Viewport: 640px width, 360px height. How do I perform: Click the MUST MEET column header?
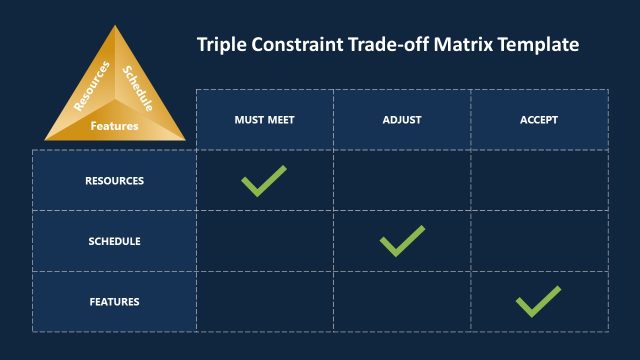tap(264, 119)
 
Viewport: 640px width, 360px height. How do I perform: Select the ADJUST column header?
tap(402, 119)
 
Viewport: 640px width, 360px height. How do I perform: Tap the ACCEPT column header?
tap(539, 119)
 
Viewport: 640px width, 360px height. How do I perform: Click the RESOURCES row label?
tap(114, 181)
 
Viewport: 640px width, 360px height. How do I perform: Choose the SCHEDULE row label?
tap(114, 241)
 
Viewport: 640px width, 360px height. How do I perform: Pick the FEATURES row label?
tap(114, 301)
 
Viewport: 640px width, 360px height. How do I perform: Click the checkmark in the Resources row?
tap(264, 180)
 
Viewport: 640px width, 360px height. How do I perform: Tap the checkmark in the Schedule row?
tap(402, 240)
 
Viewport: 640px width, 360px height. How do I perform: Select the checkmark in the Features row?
tap(538, 301)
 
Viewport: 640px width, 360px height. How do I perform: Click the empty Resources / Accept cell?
tap(539, 180)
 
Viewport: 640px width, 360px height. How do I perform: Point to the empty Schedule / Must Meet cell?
tap(264, 241)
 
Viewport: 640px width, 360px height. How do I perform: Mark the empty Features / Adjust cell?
tap(402, 301)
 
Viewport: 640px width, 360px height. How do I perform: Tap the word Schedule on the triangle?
tap(137, 86)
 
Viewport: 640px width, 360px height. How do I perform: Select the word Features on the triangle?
tap(114, 126)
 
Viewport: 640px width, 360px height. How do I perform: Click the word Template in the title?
tap(540, 45)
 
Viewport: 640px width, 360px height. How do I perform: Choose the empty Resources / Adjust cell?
tap(402, 180)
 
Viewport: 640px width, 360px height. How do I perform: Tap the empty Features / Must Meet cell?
tap(264, 301)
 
